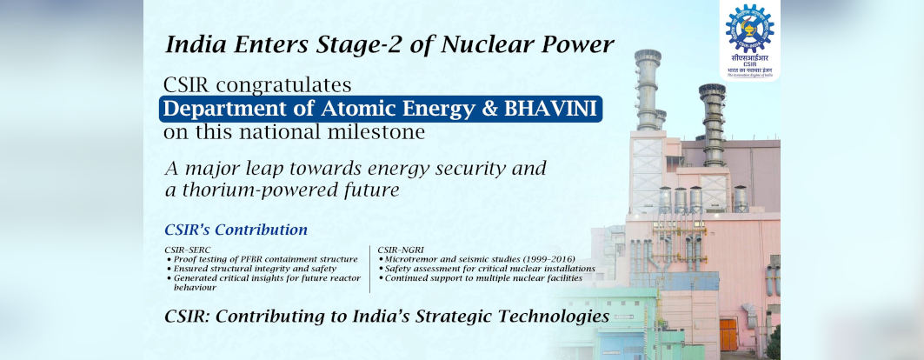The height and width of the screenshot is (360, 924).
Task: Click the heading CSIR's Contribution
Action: click(x=236, y=230)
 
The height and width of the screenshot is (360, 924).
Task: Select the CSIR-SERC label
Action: click(x=189, y=250)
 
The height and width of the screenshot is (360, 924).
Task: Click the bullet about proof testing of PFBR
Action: click(x=261, y=259)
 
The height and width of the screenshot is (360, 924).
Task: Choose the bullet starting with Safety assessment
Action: click(x=487, y=269)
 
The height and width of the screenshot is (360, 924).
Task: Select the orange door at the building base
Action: click(x=728, y=334)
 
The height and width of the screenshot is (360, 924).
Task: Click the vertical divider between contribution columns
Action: click(x=370, y=269)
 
